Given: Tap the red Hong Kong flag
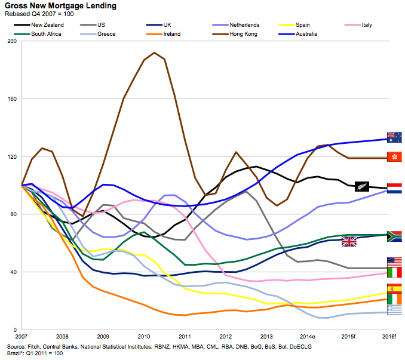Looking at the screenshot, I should (x=394, y=156).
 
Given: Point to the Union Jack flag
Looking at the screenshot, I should (x=349, y=241).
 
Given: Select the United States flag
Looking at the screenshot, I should (x=394, y=261).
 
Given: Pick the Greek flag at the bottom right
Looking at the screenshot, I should (x=394, y=310).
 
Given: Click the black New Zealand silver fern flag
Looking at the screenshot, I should (x=363, y=186).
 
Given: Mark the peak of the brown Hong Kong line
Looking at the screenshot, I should (x=154, y=53).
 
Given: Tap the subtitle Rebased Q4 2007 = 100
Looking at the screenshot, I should (x=41, y=14).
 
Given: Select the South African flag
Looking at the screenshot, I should (x=394, y=236).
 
